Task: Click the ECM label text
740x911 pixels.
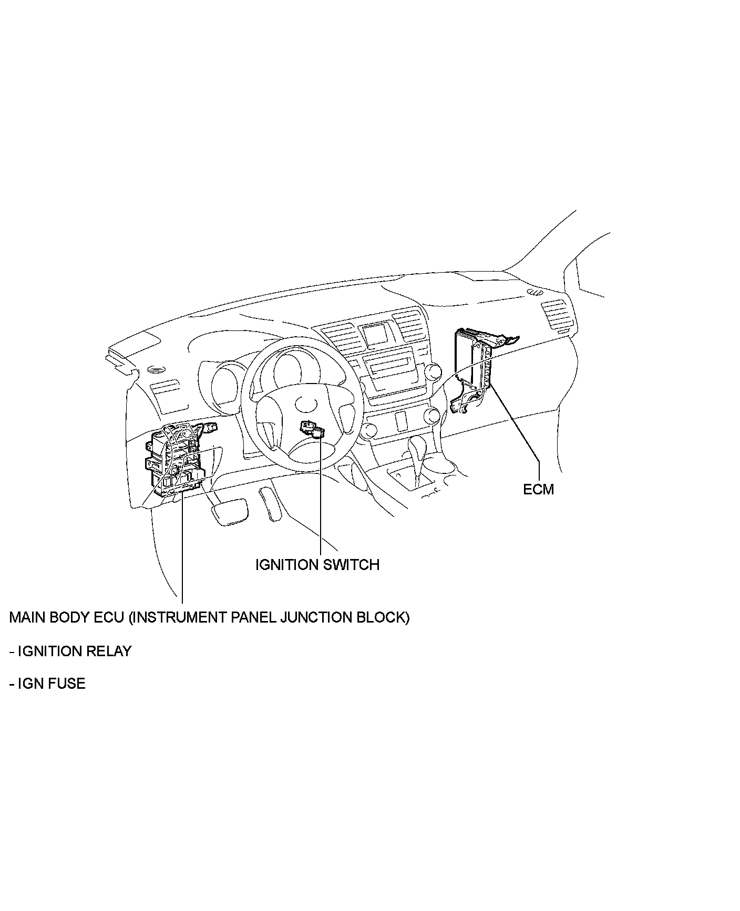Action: (x=538, y=489)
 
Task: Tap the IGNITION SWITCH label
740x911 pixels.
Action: (x=317, y=565)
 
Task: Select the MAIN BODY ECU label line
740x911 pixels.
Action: (x=209, y=617)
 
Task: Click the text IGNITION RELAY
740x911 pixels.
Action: (x=74, y=651)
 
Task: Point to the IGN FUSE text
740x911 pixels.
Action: (x=51, y=684)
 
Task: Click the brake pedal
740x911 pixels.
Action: (x=229, y=510)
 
